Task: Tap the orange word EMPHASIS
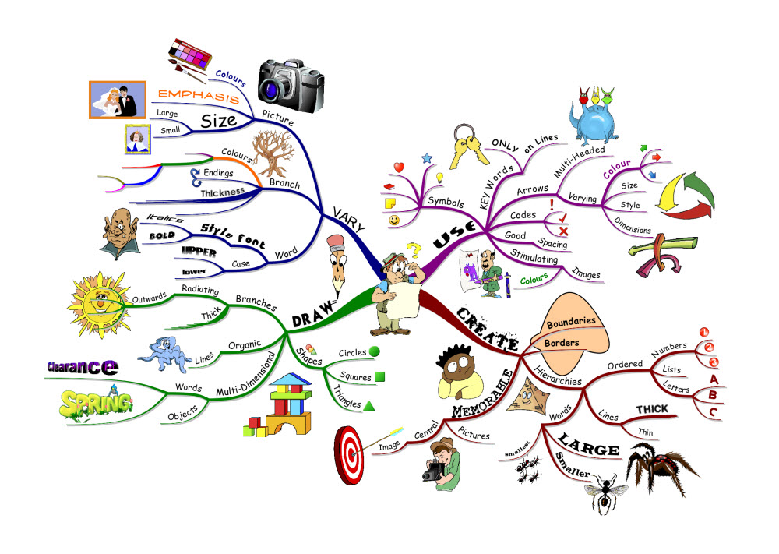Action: coord(198,96)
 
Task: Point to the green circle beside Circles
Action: coord(375,351)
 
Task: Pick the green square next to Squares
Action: coord(379,377)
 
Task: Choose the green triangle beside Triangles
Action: coord(369,405)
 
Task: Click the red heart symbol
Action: coord(398,168)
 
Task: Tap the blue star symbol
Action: coord(426,159)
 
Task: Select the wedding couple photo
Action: coord(118,99)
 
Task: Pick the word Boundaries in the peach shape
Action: coord(570,321)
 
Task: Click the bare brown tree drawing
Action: coord(272,153)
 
